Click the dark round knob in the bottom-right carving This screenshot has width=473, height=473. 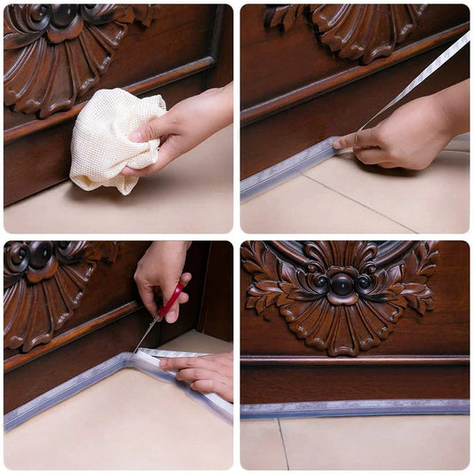click(x=343, y=284)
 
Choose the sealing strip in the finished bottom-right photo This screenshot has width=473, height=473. click(x=355, y=408)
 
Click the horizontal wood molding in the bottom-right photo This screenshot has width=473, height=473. click(x=355, y=360)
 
